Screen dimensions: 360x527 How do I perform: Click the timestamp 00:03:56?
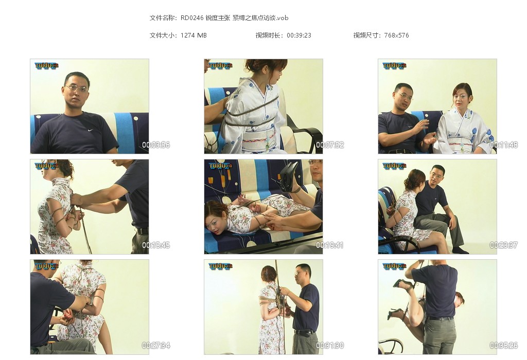[156, 145]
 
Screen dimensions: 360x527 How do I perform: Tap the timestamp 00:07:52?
[330, 145]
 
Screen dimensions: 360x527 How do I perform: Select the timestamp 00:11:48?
[504, 145]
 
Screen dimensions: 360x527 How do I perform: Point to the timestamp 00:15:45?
[156, 245]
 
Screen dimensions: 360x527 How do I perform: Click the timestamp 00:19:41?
[330, 245]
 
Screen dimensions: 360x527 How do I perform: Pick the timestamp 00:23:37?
[504, 245]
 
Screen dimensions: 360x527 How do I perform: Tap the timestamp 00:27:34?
[156, 346]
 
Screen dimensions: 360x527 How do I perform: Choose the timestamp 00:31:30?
[330, 346]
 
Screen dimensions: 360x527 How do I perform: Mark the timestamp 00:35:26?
[504, 346]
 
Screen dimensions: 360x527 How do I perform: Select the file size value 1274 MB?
[194, 35]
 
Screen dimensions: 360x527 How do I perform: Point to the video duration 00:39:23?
[299, 35]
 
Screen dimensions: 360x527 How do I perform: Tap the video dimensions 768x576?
[397, 35]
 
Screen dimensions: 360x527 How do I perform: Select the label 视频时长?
[268, 35]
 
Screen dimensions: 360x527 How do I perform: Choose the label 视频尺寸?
[366, 35]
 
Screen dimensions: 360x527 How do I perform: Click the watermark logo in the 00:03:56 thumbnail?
[47, 66]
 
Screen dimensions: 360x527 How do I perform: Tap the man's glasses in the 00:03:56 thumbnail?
[77, 88]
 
